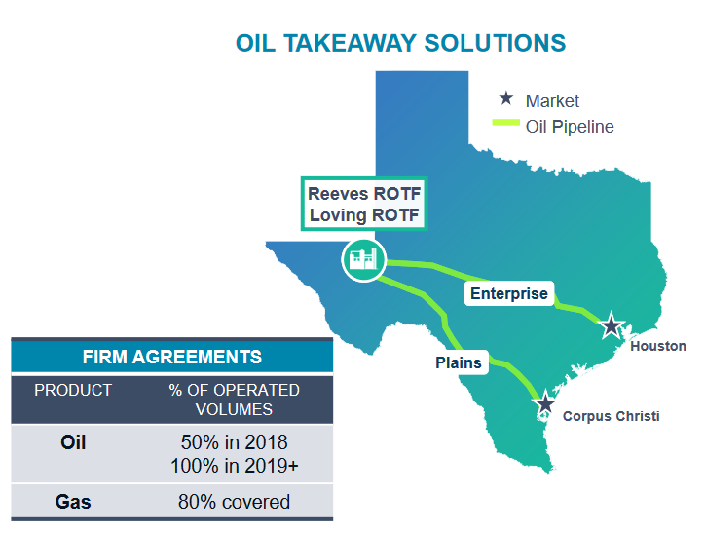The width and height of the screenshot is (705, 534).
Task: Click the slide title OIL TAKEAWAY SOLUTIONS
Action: tap(400, 43)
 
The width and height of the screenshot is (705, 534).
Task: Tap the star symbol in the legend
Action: tap(505, 99)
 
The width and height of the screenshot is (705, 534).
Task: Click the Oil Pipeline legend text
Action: tap(570, 127)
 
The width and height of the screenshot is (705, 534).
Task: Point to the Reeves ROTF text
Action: tap(364, 193)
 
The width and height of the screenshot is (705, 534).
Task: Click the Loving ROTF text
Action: tap(364, 214)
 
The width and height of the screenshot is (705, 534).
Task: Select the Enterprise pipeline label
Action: tap(509, 293)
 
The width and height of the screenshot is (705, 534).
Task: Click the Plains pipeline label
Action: tap(458, 362)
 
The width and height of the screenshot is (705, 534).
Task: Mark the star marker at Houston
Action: tap(611, 325)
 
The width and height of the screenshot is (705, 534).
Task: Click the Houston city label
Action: tap(658, 346)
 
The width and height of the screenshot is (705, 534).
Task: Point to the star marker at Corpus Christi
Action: tap(545, 403)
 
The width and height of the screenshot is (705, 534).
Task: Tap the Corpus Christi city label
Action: tap(611, 416)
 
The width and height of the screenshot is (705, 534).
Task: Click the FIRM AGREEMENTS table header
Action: tap(171, 357)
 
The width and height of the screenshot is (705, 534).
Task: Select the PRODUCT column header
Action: tap(73, 390)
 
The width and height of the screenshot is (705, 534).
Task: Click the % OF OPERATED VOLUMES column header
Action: tap(234, 400)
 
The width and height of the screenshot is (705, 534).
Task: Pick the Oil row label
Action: tap(73, 442)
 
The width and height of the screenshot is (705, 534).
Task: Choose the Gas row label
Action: tap(73, 502)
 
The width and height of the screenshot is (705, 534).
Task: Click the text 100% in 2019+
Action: tap(234, 466)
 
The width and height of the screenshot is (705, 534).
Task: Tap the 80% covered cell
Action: tap(234, 502)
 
